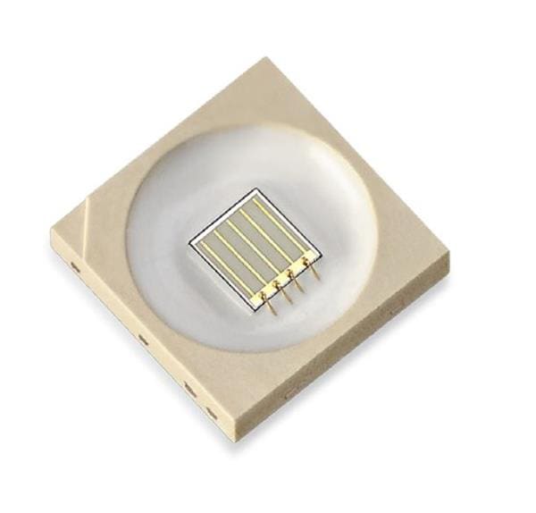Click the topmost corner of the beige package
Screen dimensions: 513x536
(266, 59)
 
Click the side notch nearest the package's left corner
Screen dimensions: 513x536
(76, 266)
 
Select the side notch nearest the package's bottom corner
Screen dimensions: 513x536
(211, 412)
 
